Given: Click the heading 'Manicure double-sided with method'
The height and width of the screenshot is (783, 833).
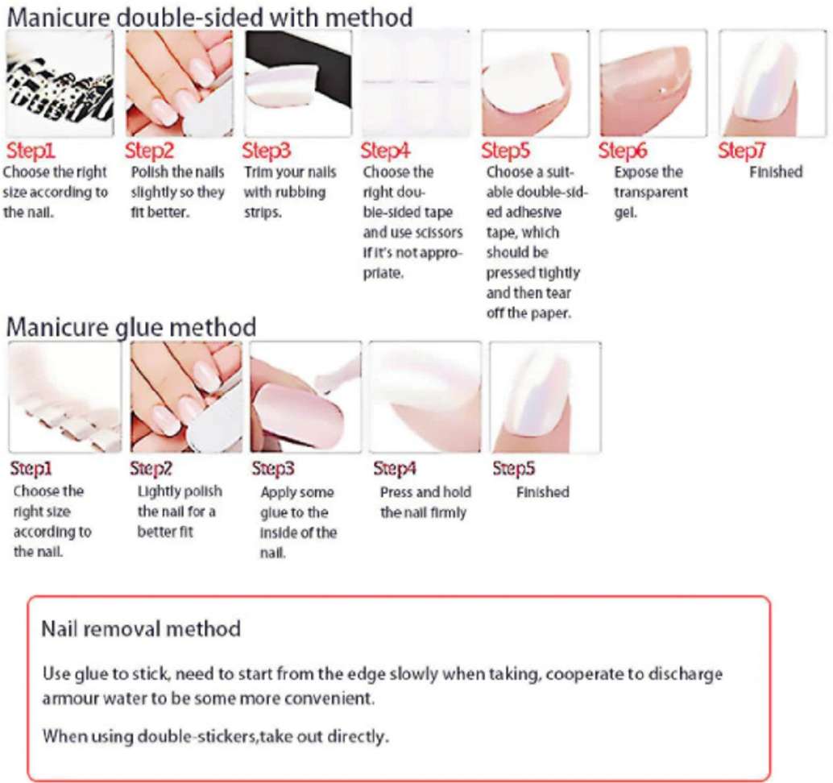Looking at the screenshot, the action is [209, 18].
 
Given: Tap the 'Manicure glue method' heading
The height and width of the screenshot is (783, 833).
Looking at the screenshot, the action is [131, 327].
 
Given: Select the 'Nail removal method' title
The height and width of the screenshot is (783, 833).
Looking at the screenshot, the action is [141, 629].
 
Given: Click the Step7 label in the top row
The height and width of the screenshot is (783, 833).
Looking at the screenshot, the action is [742, 151].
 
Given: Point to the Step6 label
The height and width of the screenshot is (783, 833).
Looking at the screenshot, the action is [623, 151].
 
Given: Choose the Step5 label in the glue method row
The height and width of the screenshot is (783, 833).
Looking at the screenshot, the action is [514, 468].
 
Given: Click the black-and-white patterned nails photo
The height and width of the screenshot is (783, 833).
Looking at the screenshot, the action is [60, 84].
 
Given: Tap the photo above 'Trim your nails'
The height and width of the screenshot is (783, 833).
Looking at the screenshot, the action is [297, 84].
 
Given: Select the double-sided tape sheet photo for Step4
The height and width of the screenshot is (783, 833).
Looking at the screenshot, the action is [416, 84].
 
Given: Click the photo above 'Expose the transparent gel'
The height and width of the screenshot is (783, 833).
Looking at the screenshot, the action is [653, 84].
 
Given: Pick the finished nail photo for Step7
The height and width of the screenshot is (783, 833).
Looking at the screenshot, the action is [773, 84].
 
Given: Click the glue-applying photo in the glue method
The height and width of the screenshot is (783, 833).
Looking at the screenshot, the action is [305, 397].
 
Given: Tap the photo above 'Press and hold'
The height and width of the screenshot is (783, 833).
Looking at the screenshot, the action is [425, 397].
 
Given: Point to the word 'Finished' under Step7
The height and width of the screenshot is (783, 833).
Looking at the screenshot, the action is [776, 172].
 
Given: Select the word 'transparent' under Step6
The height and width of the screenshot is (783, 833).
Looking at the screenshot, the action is [651, 193].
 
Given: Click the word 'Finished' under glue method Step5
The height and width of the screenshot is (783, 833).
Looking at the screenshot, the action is [542, 492].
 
